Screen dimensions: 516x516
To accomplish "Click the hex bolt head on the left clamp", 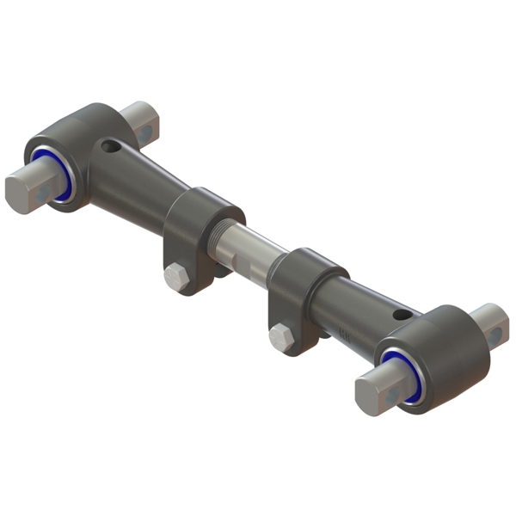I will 175,277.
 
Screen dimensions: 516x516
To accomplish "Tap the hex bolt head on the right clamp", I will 281,335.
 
